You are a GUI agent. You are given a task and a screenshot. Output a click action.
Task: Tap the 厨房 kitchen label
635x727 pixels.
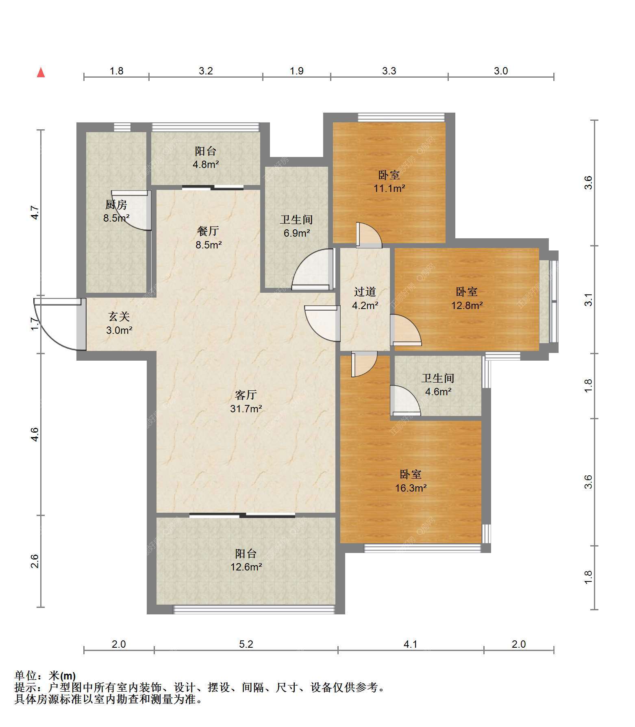[x=116, y=205]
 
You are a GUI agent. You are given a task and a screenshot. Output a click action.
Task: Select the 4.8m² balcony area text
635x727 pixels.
[x=206, y=165]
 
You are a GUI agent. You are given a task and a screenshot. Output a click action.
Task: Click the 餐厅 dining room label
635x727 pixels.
[x=208, y=231]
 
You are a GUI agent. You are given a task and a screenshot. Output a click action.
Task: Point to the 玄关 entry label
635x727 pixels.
[x=119, y=316]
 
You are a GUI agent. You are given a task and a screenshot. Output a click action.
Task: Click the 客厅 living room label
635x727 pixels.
[x=246, y=395]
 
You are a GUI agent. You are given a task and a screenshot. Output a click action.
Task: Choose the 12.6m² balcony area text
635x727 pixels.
[x=246, y=567]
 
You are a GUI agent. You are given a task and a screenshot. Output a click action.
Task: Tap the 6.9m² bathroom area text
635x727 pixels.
[x=297, y=233]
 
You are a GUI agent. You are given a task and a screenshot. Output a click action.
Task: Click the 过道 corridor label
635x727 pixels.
[x=365, y=292]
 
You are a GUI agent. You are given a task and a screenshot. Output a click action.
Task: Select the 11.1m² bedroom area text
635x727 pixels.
[x=389, y=188]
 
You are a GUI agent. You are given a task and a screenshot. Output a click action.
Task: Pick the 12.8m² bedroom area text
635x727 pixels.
[x=467, y=305]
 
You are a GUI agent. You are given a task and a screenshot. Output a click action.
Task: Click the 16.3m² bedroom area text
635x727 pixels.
[x=411, y=488]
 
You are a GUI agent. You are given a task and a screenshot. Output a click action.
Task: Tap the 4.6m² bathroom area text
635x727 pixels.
[x=438, y=392]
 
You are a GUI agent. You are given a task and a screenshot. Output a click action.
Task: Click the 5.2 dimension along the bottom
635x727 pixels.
[x=246, y=644]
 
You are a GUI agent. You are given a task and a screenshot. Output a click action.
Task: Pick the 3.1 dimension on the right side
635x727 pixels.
[x=588, y=300]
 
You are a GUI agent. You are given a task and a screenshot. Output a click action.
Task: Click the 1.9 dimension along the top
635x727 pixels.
[x=297, y=71]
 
